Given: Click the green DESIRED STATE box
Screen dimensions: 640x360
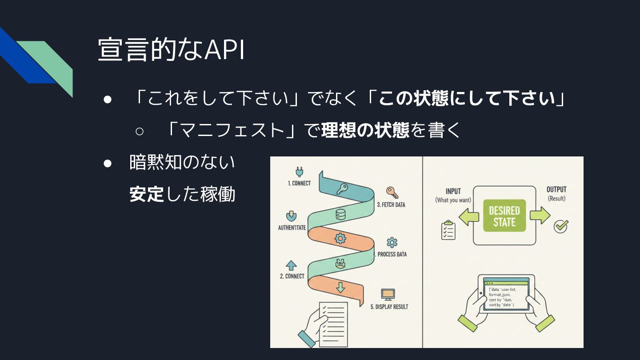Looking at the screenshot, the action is pyautogui.click(x=504, y=216).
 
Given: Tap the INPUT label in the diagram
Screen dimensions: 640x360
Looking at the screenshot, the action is pyautogui.click(x=453, y=191).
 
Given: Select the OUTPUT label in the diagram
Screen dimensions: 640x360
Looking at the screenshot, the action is pyautogui.click(x=556, y=190).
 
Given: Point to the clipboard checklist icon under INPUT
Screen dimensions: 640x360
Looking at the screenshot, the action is pyautogui.click(x=448, y=230).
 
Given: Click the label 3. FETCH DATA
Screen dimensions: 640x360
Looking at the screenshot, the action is pyautogui.click(x=391, y=205).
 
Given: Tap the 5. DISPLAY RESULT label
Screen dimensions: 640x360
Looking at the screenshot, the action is pyautogui.click(x=389, y=307).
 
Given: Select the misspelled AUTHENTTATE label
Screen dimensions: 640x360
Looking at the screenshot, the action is pyautogui.click(x=292, y=228).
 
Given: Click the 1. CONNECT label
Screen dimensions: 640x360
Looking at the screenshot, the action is pyautogui.click(x=299, y=183).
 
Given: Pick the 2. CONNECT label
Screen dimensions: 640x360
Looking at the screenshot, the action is pyautogui.click(x=292, y=276).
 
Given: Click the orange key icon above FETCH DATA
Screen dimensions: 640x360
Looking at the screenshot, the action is pyautogui.click(x=392, y=192).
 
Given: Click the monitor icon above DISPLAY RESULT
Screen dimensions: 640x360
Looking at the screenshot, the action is pyautogui.click(x=388, y=294).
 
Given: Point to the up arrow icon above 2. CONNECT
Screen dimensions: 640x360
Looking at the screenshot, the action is pyautogui.click(x=291, y=265).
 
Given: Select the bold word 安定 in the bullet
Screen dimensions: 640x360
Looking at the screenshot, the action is pyautogui.click(x=147, y=195).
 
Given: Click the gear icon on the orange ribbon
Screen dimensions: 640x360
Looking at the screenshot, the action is pyautogui.click(x=340, y=238).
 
